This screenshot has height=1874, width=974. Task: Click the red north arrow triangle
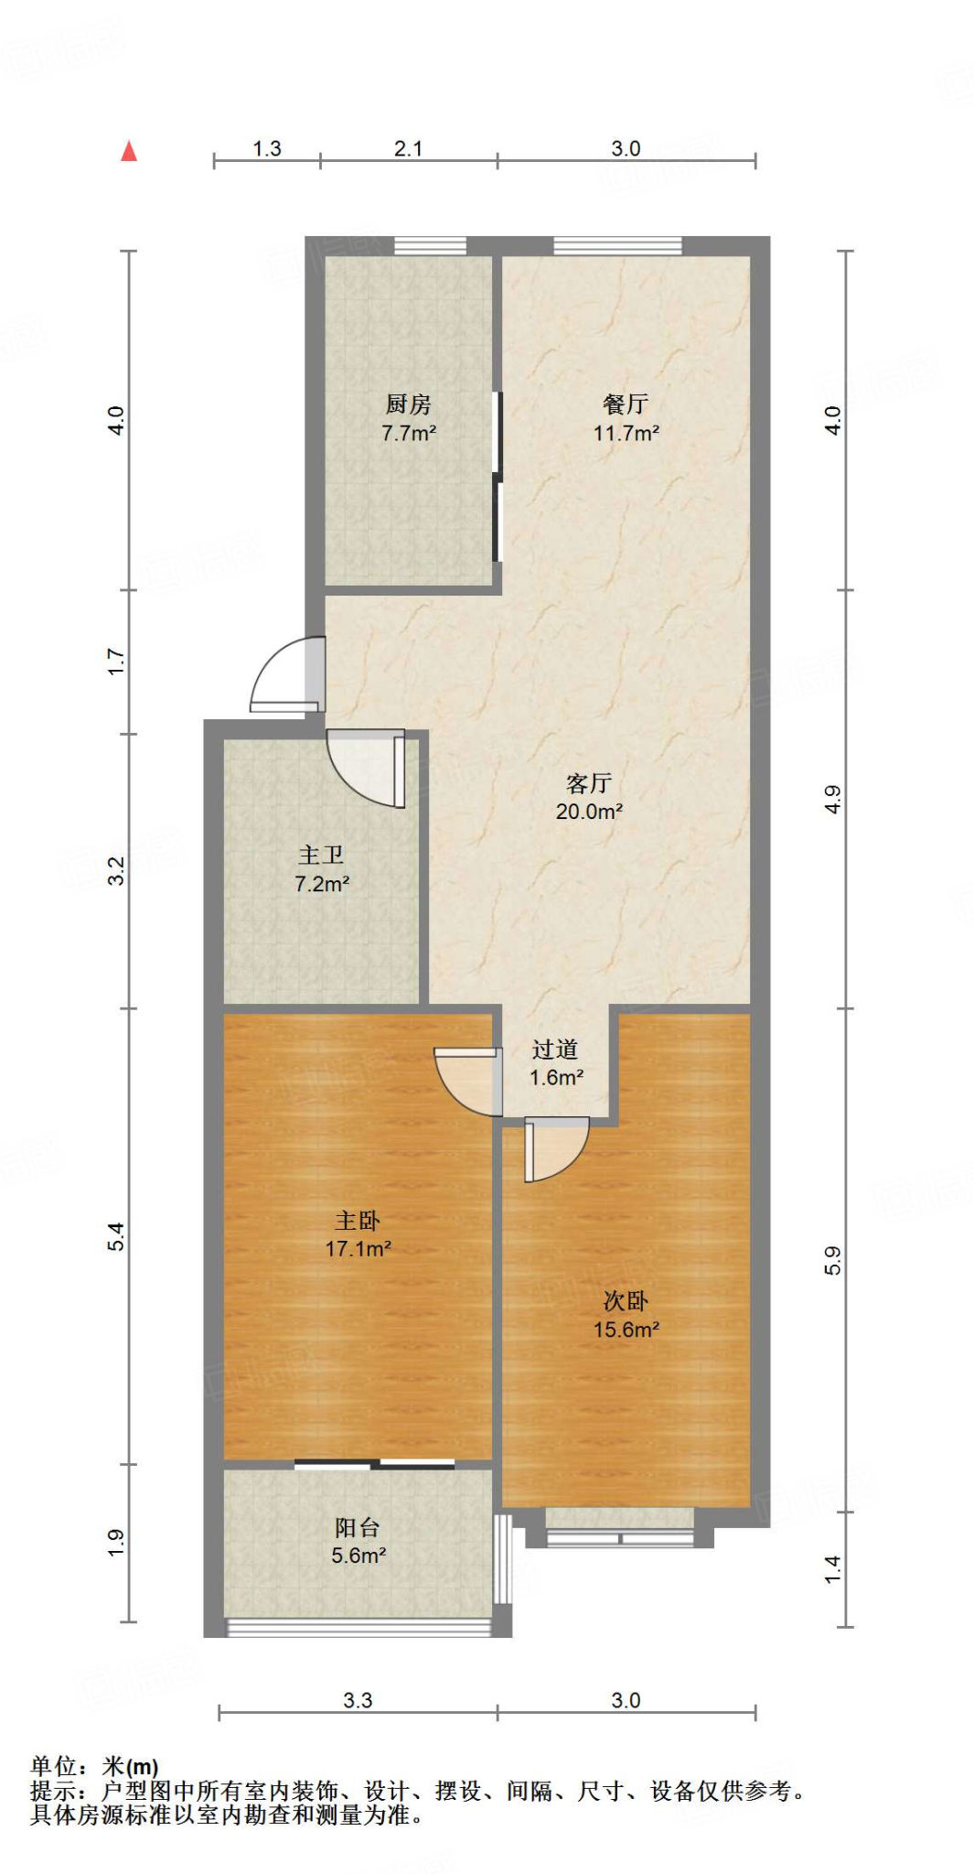(129, 151)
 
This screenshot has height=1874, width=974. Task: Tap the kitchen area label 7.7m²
(409, 434)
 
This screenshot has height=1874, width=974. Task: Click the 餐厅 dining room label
(626, 404)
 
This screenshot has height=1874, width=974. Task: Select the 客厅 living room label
(588, 783)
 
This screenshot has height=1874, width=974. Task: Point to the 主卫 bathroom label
(321, 855)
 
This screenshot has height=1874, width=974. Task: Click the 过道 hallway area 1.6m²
(556, 1078)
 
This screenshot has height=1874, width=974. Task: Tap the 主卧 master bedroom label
(358, 1221)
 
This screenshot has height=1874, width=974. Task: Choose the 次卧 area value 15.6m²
(626, 1330)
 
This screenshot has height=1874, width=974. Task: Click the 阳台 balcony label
(358, 1527)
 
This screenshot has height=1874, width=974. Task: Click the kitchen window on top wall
(430, 245)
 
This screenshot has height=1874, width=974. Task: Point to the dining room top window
(617, 245)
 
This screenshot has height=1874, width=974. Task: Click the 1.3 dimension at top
(267, 148)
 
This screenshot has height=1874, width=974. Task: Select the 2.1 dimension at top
(408, 148)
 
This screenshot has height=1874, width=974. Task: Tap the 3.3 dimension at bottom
(358, 1700)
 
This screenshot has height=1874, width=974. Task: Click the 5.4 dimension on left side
(116, 1237)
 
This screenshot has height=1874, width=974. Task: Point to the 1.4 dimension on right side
(832, 1569)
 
